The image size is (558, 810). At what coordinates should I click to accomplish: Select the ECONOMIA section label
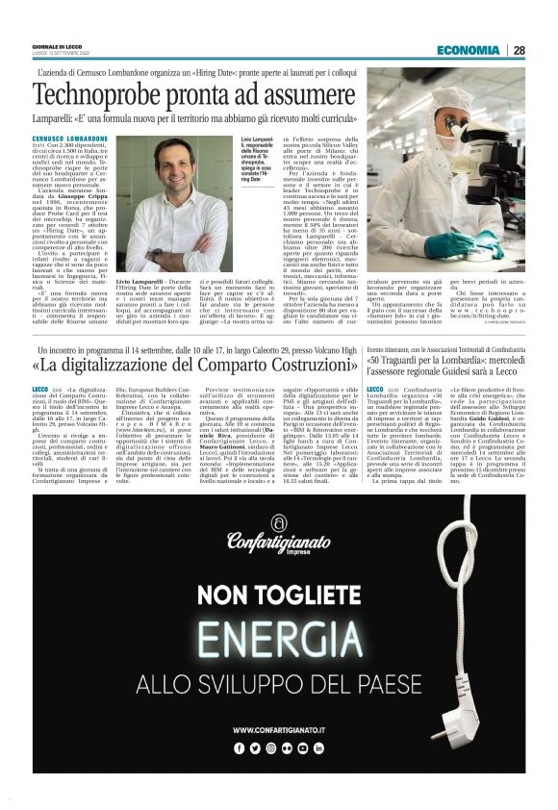(x=468, y=50)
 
